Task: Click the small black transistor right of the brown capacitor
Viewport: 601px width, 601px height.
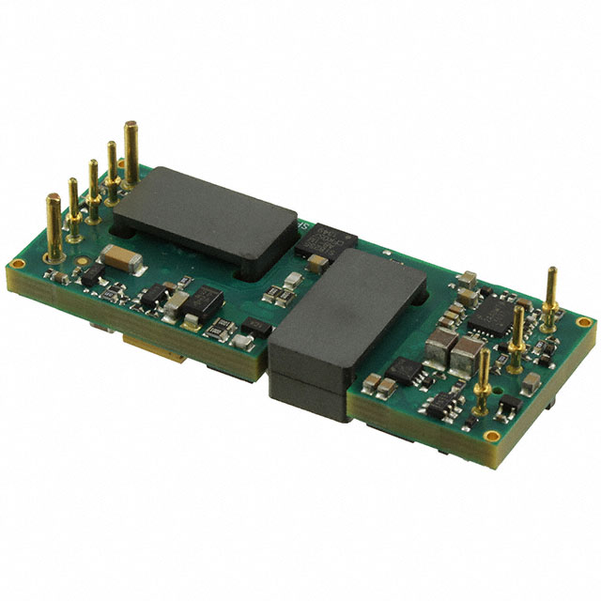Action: tap(92, 274)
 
